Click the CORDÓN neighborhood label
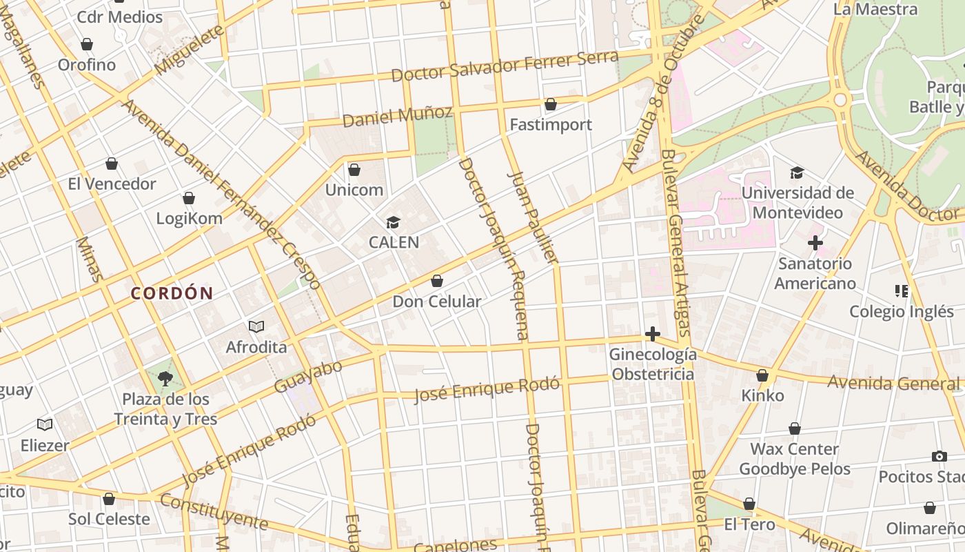pyautogui.click(x=172, y=293)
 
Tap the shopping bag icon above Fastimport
pyautogui.click(x=550, y=104)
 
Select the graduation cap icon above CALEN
pyautogui.click(x=393, y=222)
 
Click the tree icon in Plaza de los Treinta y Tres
pyautogui.click(x=165, y=378)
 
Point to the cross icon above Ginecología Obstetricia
pyautogui.click(x=652, y=335)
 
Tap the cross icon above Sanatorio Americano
pyautogui.click(x=815, y=243)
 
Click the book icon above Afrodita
pyautogui.click(x=256, y=326)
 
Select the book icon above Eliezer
pyautogui.click(x=45, y=424)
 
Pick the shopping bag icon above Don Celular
pyautogui.click(x=436, y=281)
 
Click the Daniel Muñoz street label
pyautogui.click(x=397, y=116)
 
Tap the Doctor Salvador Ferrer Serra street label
pyautogui.click(x=505, y=66)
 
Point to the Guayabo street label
pyautogui.click(x=308, y=377)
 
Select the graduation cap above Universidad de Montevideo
pyautogui.click(x=797, y=172)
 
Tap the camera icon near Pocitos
pyautogui.click(x=939, y=456)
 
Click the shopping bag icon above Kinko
pyautogui.click(x=762, y=375)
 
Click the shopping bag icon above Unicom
pyautogui.click(x=354, y=169)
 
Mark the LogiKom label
pyautogui.click(x=189, y=219)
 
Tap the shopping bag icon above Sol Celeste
pyautogui.click(x=109, y=498)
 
